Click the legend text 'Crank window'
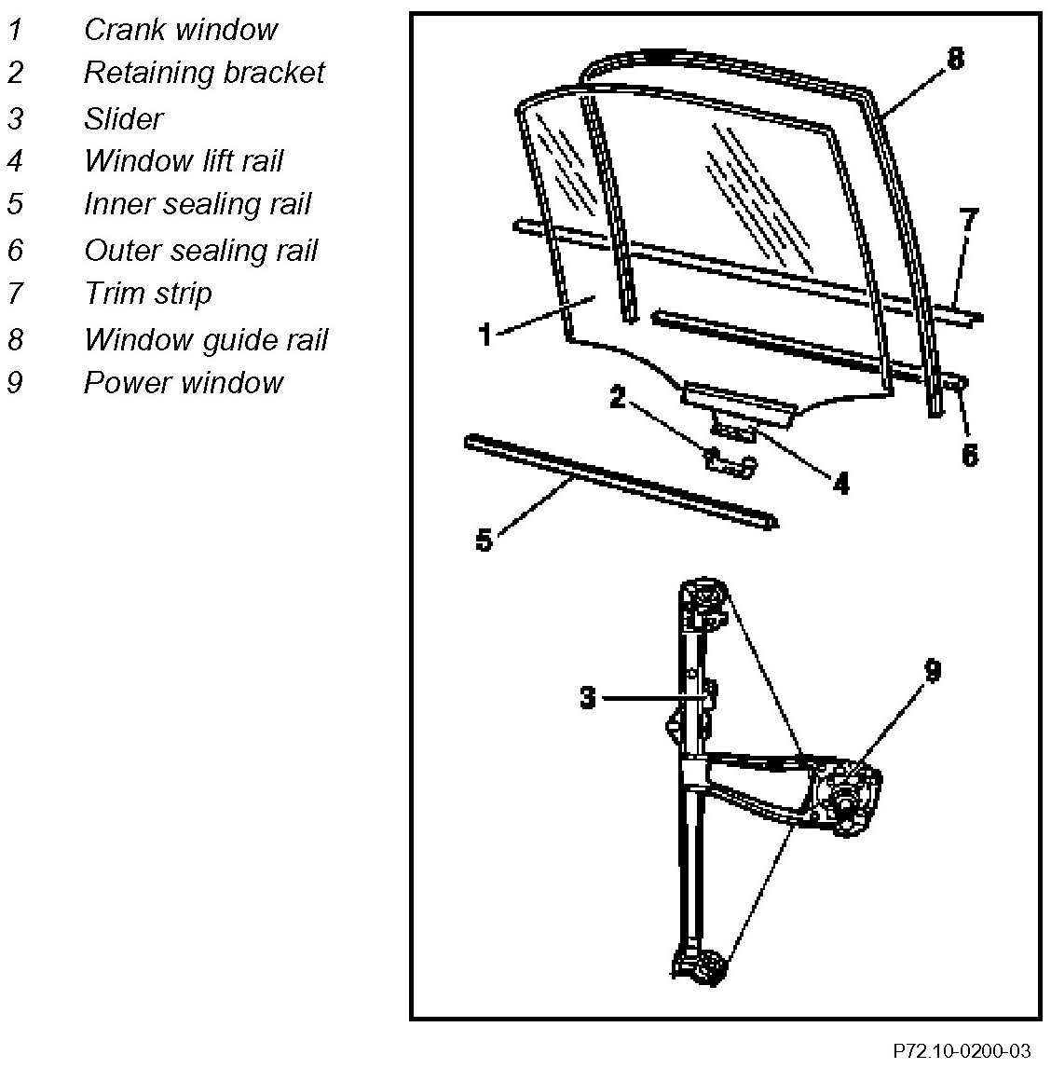180,30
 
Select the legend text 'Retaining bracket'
203,73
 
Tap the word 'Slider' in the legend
123,118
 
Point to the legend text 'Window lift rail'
183,161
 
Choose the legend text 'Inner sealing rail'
197,204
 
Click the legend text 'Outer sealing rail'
200,250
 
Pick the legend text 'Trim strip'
147,294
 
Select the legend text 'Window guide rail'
205,339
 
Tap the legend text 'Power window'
183,382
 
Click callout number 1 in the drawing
484,335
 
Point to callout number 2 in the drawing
617,397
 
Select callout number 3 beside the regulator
587,697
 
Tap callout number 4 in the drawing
840,483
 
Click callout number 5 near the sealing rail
484,540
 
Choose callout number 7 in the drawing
969,221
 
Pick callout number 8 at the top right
955,60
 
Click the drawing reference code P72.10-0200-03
962,1051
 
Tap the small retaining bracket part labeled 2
729,461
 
